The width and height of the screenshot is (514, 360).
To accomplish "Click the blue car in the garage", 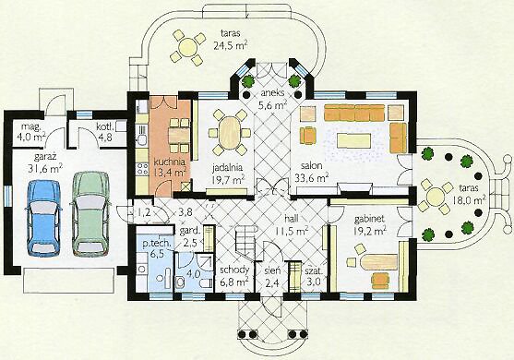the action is pyautogui.click(x=44, y=218).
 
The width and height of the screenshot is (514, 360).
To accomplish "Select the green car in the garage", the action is pyautogui.click(x=90, y=214).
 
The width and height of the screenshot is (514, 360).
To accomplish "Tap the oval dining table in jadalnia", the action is pyautogui.click(x=230, y=133).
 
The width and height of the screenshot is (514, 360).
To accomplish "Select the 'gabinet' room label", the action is pyautogui.click(x=369, y=219).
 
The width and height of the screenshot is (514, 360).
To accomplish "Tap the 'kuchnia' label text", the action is pyautogui.click(x=170, y=162).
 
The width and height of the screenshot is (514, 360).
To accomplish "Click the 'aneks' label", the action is pyautogui.click(x=272, y=93).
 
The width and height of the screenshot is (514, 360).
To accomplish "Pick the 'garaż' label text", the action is pyautogui.click(x=45, y=157).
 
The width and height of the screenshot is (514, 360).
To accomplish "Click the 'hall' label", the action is pyautogui.click(x=292, y=219).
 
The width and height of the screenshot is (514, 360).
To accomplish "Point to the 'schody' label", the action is pyautogui.click(x=234, y=270).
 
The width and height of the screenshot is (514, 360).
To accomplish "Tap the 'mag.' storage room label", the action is pyautogui.click(x=30, y=126).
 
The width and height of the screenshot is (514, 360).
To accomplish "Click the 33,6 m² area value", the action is pyautogui.click(x=312, y=178).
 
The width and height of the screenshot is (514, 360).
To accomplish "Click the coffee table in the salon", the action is pyautogui.click(x=354, y=141).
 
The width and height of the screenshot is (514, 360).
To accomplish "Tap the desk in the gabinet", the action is pyautogui.click(x=378, y=261).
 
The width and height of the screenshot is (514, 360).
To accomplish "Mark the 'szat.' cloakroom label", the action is pyautogui.click(x=314, y=271).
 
